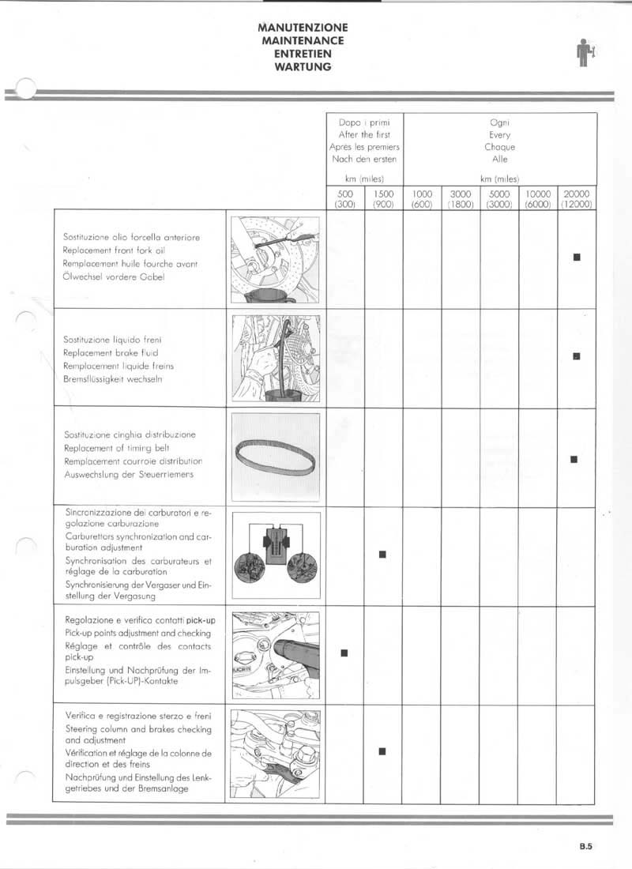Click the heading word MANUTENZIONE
pyautogui.click(x=303, y=28)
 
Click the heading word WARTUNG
pyautogui.click(x=303, y=67)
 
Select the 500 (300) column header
pyautogui.click(x=344, y=198)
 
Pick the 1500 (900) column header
pyautogui.click(x=382, y=198)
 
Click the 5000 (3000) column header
pyautogui.click(x=499, y=198)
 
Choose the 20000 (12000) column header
pyautogui.click(x=577, y=198)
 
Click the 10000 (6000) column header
pyautogui.click(x=538, y=198)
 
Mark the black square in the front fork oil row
pyautogui.click(x=577, y=257)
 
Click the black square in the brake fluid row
pyautogui.click(x=577, y=356)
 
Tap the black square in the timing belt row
pyautogui.click(x=575, y=458)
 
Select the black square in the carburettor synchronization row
pyautogui.click(x=382, y=554)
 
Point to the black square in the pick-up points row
pyautogui.click(x=344, y=652)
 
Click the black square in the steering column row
pyautogui.click(x=382, y=750)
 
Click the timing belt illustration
pyautogui.click(x=276, y=457)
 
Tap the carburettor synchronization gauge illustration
pyautogui.click(x=276, y=555)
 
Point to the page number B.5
pyautogui.click(x=585, y=848)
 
